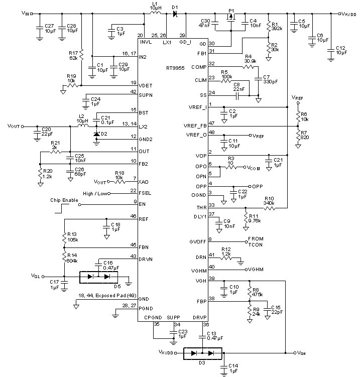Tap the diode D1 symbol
(175, 15)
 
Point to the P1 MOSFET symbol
(231, 19)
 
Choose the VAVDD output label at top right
(347, 14)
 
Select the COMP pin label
(199, 67)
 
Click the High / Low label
(95, 193)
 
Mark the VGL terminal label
(36, 276)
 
